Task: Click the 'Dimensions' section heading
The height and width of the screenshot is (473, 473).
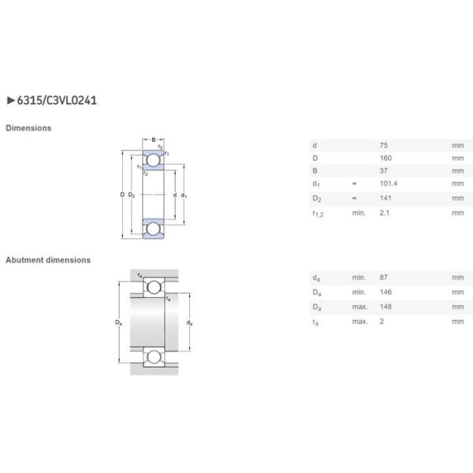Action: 29,128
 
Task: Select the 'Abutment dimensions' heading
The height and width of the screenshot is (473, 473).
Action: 49,259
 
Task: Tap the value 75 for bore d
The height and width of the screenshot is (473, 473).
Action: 384,146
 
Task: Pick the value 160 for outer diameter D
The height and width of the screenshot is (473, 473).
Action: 385,158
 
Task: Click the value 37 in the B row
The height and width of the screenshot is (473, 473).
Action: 384,170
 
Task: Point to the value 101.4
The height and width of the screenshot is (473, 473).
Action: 389,184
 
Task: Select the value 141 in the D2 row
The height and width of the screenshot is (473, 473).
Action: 385,198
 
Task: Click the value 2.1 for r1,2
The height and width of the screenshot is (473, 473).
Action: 384,212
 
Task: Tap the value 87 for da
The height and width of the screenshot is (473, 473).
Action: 384,277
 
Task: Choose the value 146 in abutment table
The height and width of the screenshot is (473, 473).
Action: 385,292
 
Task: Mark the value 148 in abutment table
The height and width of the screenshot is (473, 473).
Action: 385,306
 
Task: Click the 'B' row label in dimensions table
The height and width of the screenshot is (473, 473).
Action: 315,170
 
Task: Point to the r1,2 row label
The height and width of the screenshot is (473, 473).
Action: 317,213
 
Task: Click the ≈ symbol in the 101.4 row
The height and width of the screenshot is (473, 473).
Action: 354,184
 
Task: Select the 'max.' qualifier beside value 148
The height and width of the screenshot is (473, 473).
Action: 359,306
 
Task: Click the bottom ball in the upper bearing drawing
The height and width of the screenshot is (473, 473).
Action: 153,228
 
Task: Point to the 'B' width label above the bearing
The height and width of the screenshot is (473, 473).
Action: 154,140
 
